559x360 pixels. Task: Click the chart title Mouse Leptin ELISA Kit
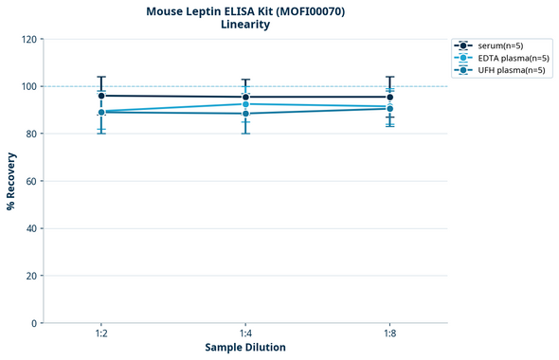(245, 11)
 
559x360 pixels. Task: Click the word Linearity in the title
(245, 25)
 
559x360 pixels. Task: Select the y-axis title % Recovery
(11, 181)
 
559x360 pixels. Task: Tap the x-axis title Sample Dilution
(245, 347)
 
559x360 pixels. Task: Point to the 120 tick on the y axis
(27, 39)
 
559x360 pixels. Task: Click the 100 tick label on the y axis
(27, 86)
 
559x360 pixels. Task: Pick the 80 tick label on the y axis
(30, 134)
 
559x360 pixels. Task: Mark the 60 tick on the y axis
(30, 181)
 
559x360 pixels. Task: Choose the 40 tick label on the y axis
(30, 228)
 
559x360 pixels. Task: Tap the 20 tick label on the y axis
(30, 276)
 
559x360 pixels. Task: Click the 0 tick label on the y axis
(33, 323)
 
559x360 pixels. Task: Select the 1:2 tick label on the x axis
(101, 333)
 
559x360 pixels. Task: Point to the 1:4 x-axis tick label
(245, 333)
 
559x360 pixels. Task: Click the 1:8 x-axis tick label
(389, 333)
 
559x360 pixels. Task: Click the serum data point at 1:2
(101, 96)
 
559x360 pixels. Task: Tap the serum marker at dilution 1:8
(389, 97)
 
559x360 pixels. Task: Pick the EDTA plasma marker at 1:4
(245, 104)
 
